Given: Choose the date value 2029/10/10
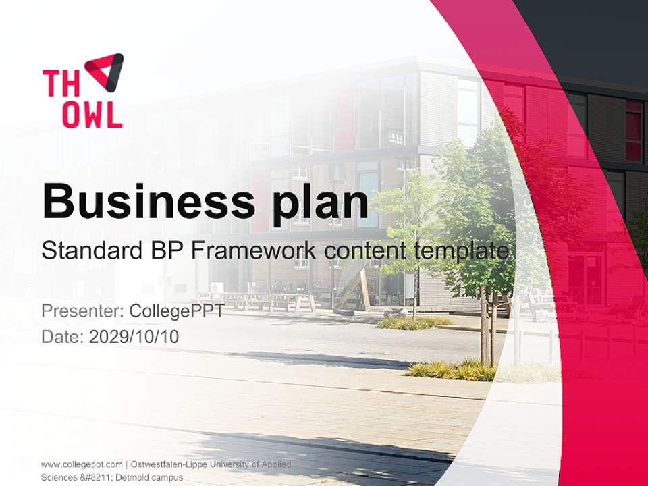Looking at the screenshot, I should click(x=134, y=336).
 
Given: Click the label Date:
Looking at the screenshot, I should click(x=62, y=336).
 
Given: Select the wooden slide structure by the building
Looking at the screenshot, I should click(x=354, y=287).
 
